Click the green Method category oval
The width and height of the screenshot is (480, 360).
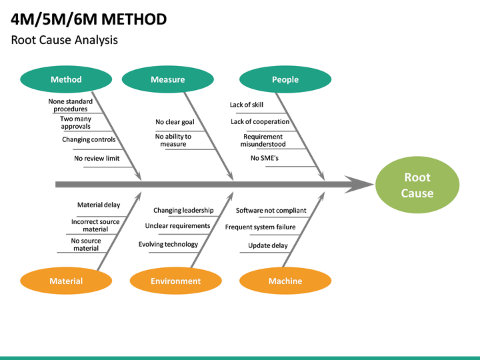(66, 79)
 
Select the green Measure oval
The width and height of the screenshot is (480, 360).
(167, 79)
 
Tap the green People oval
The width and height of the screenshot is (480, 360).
(285, 79)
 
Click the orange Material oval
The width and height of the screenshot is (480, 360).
(66, 281)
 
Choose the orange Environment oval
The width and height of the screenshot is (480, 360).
(175, 281)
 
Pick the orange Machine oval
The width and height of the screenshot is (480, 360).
(285, 281)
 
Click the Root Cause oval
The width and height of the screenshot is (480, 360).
(417, 185)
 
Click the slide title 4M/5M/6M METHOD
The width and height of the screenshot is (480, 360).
(89, 19)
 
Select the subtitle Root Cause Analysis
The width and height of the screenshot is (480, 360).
(65, 40)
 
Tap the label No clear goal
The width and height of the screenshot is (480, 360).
(175, 122)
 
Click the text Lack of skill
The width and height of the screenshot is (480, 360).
(247, 105)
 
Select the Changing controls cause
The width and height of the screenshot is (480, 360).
(89, 139)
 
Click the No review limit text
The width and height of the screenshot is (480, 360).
(97, 158)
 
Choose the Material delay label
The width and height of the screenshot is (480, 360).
(99, 205)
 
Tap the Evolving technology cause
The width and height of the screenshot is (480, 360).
(168, 244)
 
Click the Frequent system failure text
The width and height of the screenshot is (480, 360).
(260, 227)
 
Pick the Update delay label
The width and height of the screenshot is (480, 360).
(268, 245)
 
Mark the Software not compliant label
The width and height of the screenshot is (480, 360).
(271, 210)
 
